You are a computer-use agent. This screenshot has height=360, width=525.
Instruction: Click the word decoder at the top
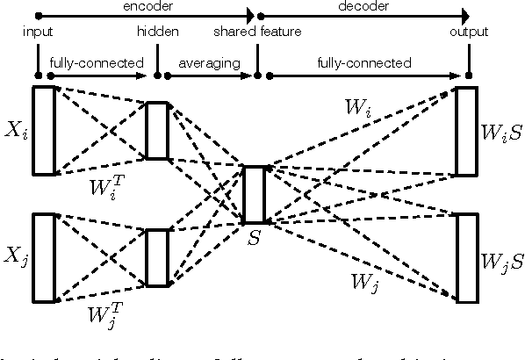[363, 5]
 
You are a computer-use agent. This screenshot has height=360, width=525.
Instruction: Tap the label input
[38, 32]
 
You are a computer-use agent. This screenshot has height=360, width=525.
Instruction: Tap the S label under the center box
[253, 237]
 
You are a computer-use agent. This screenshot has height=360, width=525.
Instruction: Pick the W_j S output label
[501, 261]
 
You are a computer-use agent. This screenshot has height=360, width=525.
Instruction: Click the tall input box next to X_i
[44, 130]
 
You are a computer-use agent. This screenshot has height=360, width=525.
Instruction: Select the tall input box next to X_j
[44, 256]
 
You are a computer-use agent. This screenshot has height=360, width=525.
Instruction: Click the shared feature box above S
[254, 194]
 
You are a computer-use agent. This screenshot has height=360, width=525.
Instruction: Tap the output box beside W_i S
[466, 131]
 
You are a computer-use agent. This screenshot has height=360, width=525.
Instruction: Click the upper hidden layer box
[157, 130]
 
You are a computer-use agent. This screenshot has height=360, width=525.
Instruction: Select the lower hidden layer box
[157, 257]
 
